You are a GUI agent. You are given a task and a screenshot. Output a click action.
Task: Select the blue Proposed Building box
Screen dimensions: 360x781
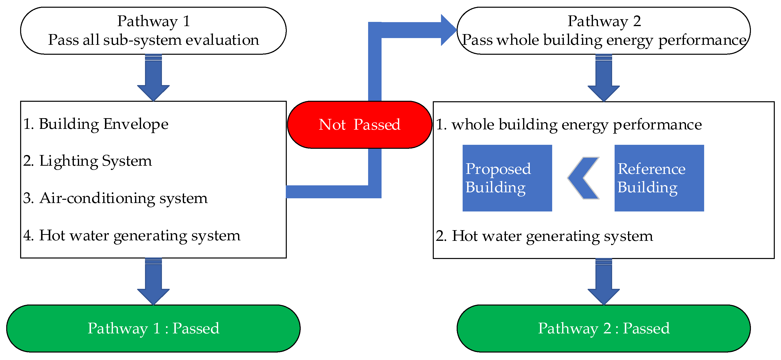[507, 178]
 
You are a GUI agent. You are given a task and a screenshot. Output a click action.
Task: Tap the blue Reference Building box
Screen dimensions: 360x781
[659, 178]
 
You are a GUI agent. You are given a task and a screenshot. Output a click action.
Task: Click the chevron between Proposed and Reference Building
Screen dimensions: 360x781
[583, 178]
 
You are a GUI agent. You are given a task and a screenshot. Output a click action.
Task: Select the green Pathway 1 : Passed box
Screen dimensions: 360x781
[153, 328]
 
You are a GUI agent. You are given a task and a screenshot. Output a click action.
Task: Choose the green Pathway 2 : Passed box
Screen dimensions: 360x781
[603, 328]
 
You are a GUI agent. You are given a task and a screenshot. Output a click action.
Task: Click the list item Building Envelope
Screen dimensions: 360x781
[96, 124]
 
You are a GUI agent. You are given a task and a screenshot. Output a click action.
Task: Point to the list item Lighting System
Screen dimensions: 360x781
[88, 161]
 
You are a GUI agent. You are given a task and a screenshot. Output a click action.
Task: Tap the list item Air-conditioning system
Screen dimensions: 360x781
[115, 198]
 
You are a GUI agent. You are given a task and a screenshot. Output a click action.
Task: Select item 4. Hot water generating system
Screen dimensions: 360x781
[132, 235]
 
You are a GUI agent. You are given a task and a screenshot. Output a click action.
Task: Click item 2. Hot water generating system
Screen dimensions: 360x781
[544, 236]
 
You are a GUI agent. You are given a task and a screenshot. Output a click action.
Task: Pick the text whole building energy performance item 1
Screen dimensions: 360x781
[569, 124]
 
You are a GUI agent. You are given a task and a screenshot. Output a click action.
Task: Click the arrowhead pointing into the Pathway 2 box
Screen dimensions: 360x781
[448, 30]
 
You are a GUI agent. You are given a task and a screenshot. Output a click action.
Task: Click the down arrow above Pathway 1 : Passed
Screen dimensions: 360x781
[153, 282]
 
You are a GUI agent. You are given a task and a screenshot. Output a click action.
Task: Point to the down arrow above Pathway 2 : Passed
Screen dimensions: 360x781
[603, 282]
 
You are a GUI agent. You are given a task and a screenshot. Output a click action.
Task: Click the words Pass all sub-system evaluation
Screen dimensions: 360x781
[153, 40]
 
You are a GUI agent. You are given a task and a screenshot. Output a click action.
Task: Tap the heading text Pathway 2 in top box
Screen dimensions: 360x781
[604, 21]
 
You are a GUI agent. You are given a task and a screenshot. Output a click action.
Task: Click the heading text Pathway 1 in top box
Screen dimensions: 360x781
[153, 21]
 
